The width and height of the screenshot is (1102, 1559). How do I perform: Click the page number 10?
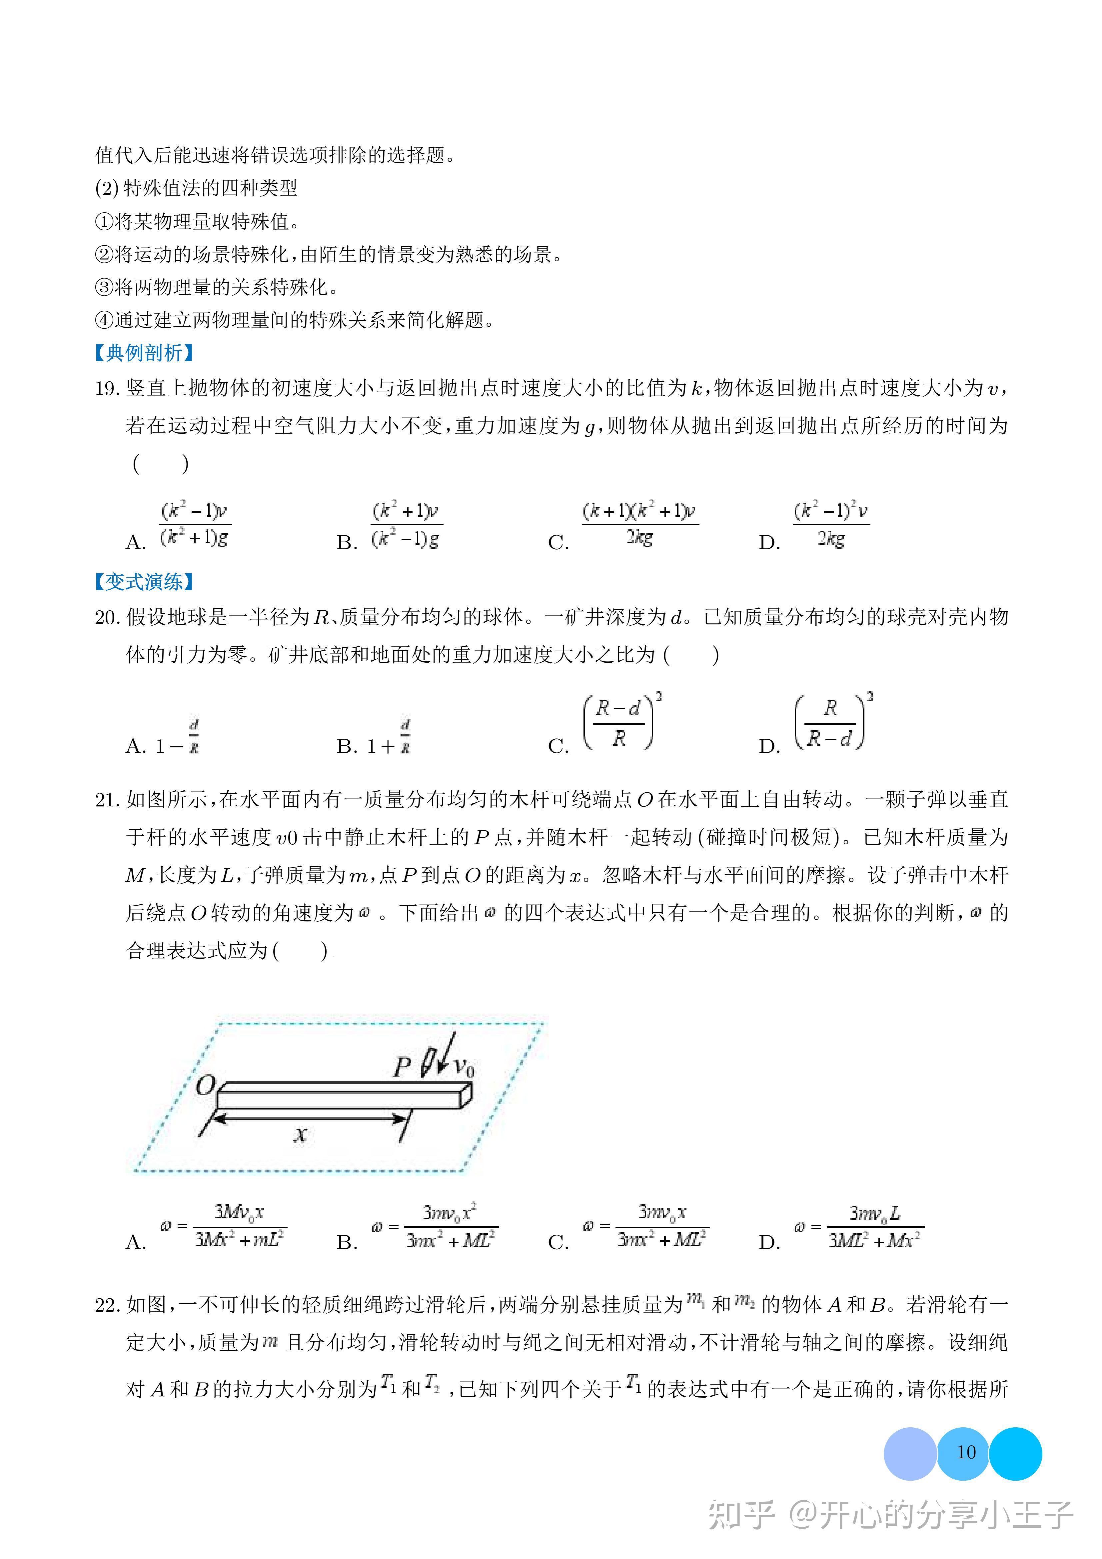(x=965, y=1452)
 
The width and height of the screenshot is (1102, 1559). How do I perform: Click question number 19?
(x=107, y=388)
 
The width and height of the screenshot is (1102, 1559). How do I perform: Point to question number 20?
(x=107, y=617)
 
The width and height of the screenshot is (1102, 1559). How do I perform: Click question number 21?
(x=107, y=800)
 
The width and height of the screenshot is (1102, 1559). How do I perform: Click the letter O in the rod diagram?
(x=205, y=1086)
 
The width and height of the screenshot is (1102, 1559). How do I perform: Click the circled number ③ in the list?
(x=104, y=287)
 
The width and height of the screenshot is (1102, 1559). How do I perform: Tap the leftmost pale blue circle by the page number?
(x=910, y=1453)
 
